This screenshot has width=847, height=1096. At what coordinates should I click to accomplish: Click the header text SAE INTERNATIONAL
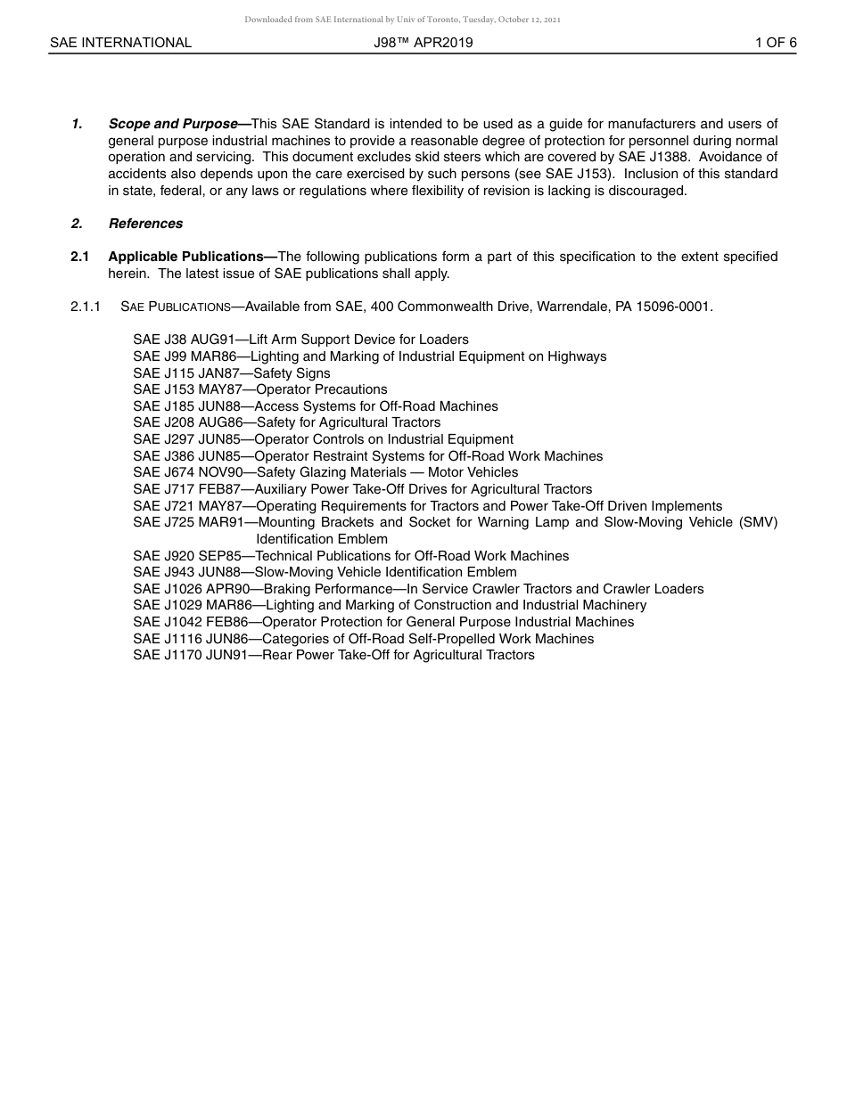[x=120, y=43]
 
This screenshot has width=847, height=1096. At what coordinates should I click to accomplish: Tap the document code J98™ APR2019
[x=423, y=43]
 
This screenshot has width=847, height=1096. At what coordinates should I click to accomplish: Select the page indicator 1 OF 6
[x=775, y=43]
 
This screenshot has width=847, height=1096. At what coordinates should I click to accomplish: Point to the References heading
[x=145, y=224]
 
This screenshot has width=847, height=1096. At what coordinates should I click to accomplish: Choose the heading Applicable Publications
[x=192, y=257]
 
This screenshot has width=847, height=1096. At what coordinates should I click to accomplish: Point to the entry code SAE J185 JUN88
[x=187, y=406]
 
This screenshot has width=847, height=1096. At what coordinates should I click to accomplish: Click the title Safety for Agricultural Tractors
[x=348, y=422]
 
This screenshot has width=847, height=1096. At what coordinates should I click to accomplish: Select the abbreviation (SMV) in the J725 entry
[x=757, y=522]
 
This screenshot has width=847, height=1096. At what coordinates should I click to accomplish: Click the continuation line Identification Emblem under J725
[x=322, y=539]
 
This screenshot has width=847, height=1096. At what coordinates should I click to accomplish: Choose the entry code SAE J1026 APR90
[x=192, y=589]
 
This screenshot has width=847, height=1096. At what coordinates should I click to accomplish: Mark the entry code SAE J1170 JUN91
[x=190, y=655]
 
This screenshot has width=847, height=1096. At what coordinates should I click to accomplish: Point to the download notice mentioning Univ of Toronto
[x=402, y=19]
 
